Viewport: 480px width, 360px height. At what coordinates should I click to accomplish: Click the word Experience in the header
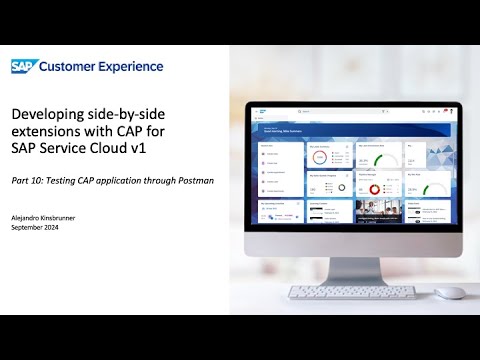[126, 66]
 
